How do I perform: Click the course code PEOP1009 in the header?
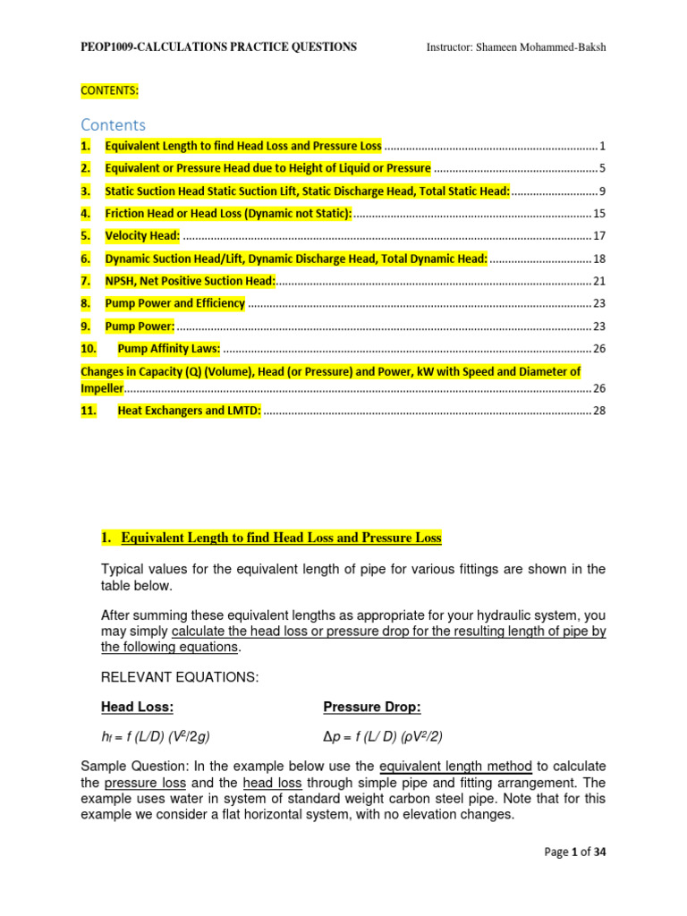tap(112, 47)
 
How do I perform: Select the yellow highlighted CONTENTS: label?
tap(110, 90)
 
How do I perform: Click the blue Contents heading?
tap(113, 124)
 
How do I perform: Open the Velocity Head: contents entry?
tap(142, 235)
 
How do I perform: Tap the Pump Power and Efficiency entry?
tap(174, 303)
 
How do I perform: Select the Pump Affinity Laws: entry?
tap(168, 348)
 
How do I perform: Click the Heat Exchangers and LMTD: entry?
tap(189, 411)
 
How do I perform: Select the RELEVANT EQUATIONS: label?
tap(180, 677)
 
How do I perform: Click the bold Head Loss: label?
tap(137, 707)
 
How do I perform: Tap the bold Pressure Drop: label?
tap(371, 707)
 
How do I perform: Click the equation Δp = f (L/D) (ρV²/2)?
tap(383, 736)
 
